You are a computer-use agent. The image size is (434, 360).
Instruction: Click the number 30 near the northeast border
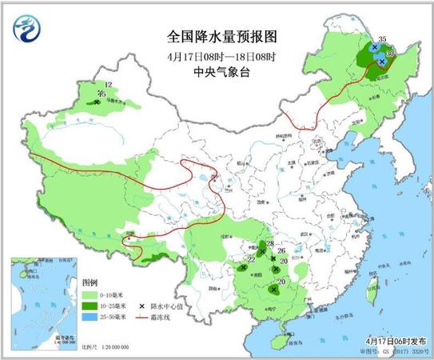390,54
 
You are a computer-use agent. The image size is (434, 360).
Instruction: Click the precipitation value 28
269,243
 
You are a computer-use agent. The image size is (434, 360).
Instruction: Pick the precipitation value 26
281,251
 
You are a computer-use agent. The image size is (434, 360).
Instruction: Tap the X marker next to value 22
243,267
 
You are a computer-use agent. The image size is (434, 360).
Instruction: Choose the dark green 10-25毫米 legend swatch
93,306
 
